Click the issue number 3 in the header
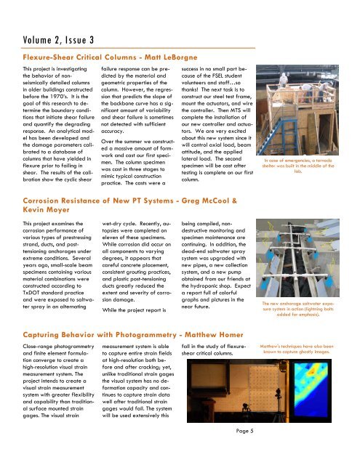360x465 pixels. (x=92, y=40)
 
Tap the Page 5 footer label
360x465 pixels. (x=244, y=431)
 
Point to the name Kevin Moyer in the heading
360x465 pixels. (x=46, y=210)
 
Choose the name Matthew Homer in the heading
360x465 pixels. (x=214, y=335)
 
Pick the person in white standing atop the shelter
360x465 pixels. (x=284, y=79)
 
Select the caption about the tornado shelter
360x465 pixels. (x=298, y=166)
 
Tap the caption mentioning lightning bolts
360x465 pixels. (x=298, y=309)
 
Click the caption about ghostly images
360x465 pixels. (x=297, y=349)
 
